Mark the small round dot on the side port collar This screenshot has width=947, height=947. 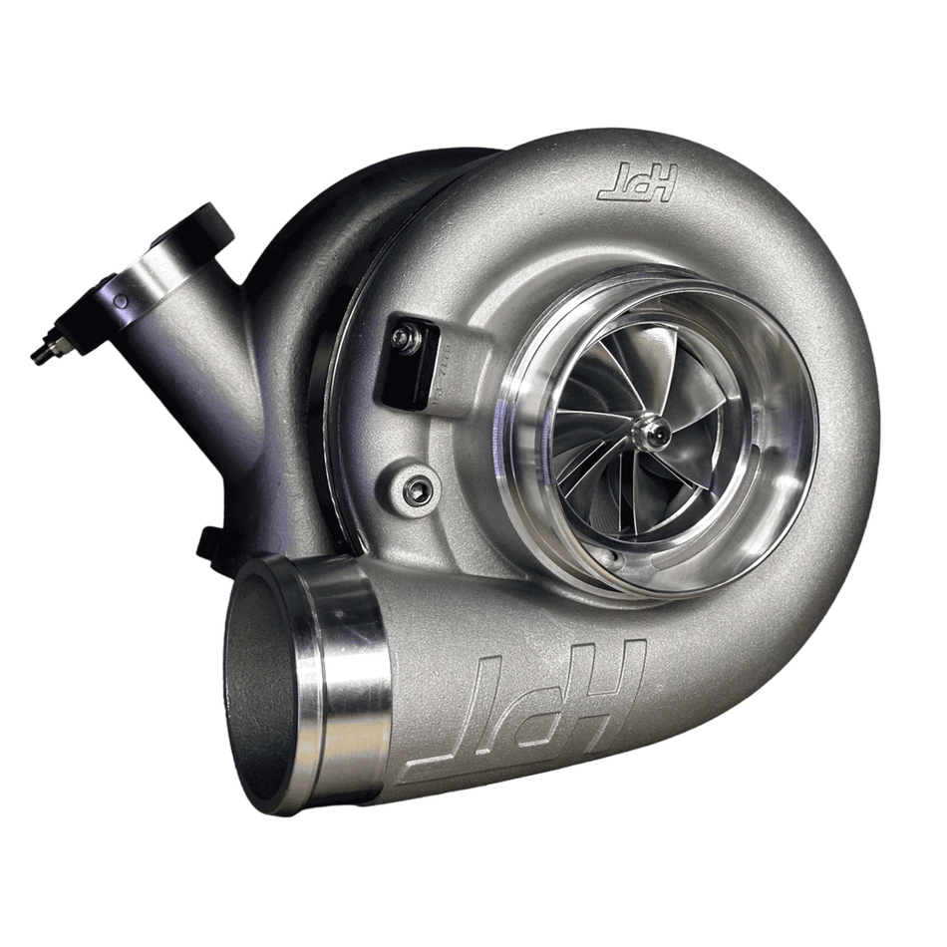(x=122, y=299)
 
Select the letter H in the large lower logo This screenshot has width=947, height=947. (x=611, y=677)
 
